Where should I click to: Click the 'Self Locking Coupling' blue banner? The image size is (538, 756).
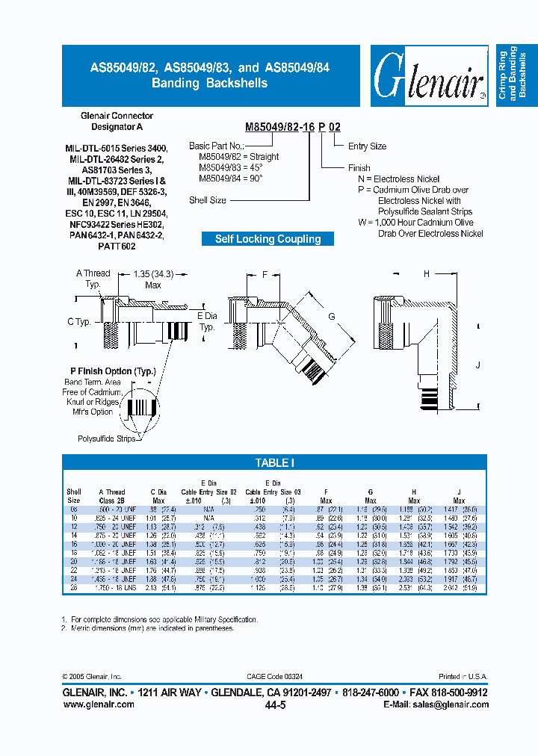tap(268, 239)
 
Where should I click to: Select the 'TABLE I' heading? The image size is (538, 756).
tap(274, 463)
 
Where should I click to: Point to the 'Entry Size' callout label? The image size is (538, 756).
tap(367, 146)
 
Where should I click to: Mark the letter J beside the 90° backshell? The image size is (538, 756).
tap(477, 365)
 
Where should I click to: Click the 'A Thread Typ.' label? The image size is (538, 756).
tap(93, 279)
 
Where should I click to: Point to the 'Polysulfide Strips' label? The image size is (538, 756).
tap(107, 439)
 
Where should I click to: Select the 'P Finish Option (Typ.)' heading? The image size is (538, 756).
tap(112, 371)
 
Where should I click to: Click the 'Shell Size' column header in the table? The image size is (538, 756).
tap(74, 496)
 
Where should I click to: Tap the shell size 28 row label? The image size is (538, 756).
tap(74, 589)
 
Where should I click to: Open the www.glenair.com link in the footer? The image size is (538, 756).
tap(98, 704)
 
